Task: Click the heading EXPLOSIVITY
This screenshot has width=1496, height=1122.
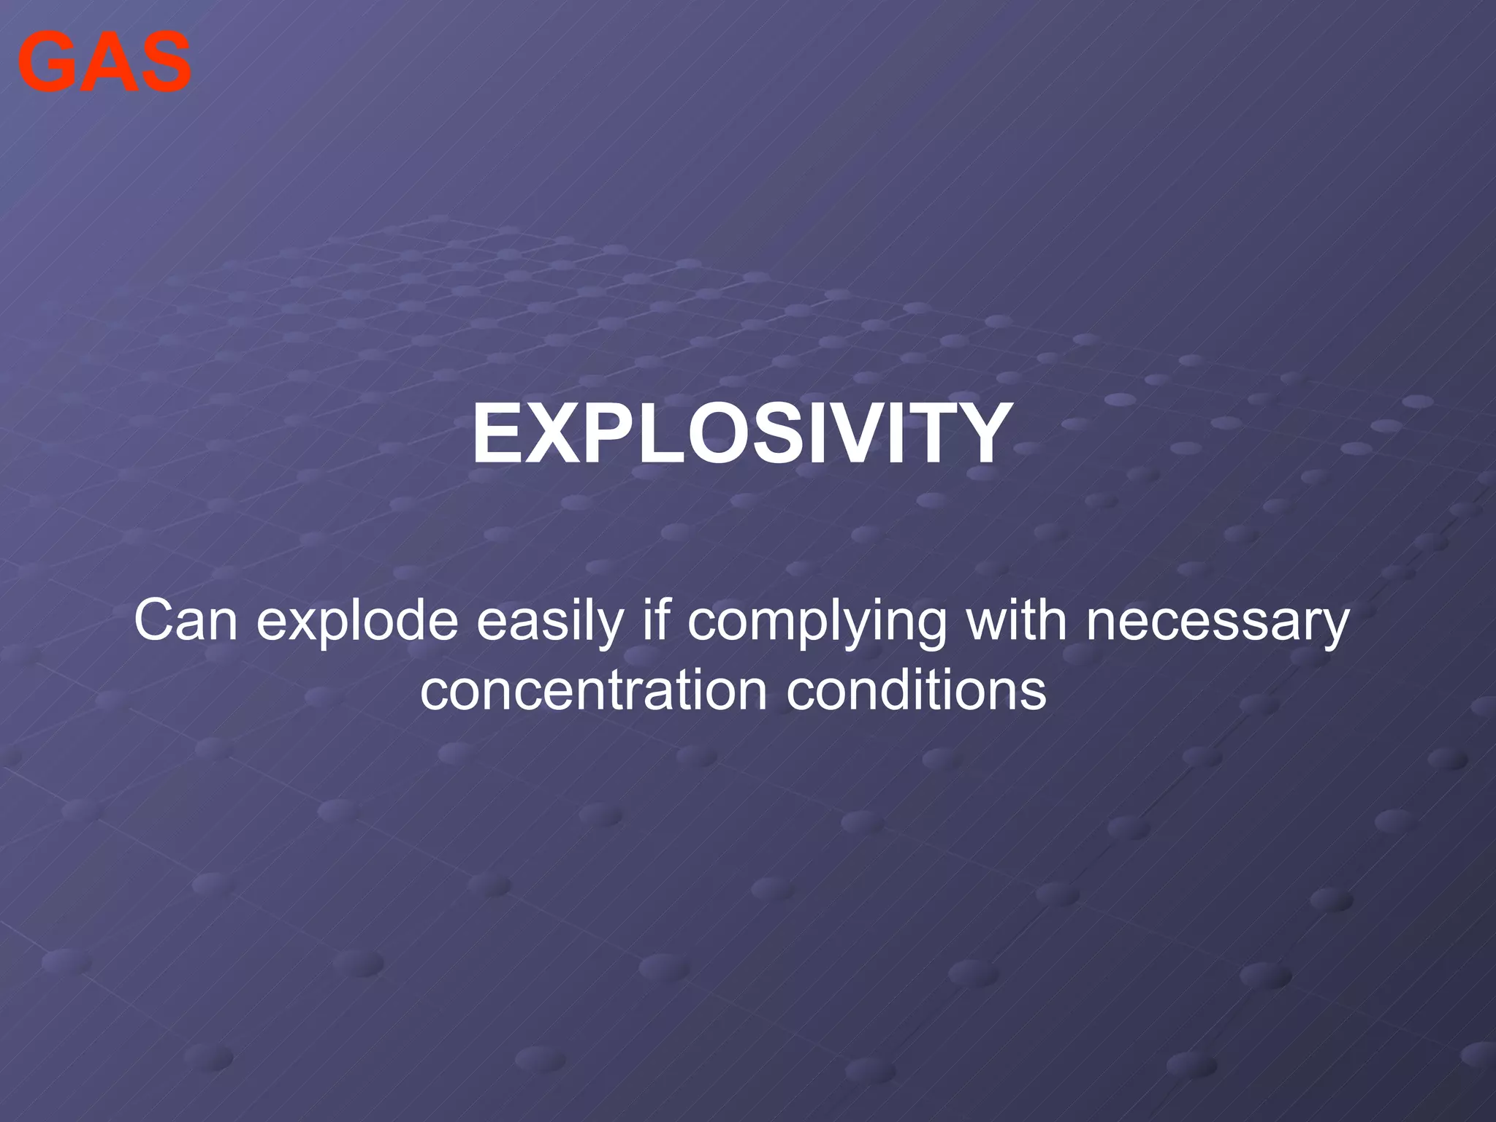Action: click(742, 435)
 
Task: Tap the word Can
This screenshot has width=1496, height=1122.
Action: click(186, 621)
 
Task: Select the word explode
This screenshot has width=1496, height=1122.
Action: click(358, 621)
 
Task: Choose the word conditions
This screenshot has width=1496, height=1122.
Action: click(916, 690)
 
